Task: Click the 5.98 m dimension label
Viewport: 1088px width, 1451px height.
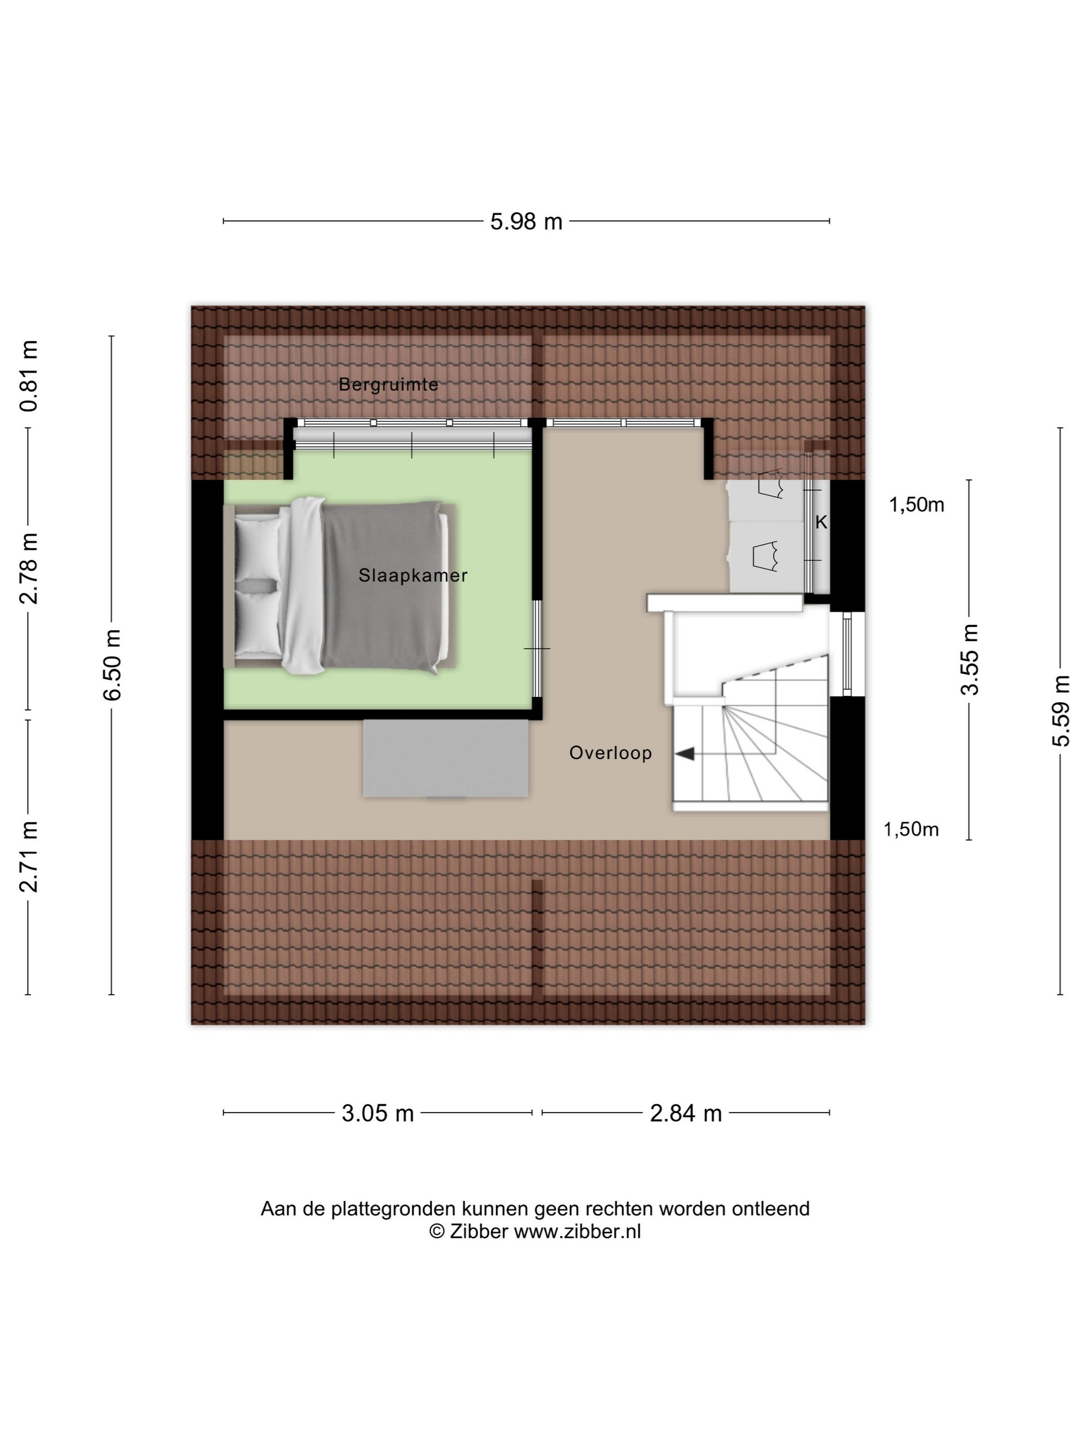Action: coord(526,222)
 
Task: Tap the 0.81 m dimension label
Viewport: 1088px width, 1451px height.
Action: coord(30,376)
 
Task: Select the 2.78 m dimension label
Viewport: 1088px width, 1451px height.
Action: coord(30,568)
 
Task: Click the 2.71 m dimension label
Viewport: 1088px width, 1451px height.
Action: coord(30,857)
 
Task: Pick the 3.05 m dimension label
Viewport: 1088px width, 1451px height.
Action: coord(378,1113)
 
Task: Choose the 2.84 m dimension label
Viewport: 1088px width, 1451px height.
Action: coord(686,1113)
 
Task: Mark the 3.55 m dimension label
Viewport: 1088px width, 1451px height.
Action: coord(969,659)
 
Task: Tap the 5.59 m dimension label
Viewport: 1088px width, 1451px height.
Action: coord(1061,710)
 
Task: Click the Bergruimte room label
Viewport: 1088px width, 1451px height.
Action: coord(388,385)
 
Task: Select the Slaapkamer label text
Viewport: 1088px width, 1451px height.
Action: coord(413,576)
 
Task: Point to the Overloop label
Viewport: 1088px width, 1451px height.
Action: coord(610,752)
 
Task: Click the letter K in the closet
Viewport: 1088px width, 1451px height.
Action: coord(821,522)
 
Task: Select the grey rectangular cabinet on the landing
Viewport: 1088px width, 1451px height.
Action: coord(446,759)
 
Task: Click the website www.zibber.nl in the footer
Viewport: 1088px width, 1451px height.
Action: coord(577,1231)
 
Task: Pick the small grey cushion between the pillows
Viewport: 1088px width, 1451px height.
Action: coord(256,585)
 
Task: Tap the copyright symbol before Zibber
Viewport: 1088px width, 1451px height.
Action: coord(437,1231)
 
